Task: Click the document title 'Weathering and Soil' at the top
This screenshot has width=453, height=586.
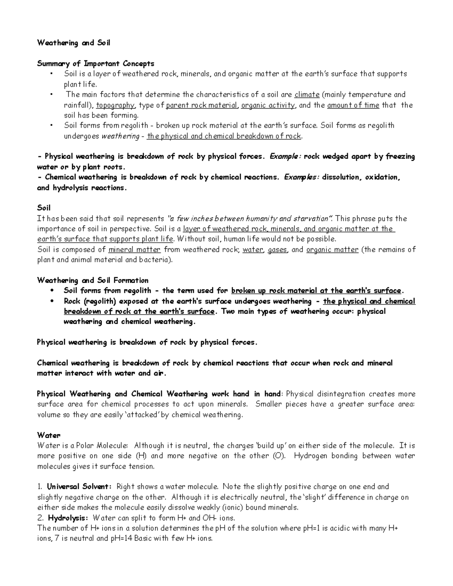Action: pyautogui.click(x=74, y=43)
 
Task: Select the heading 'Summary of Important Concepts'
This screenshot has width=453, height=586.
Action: pyautogui.click(x=96, y=63)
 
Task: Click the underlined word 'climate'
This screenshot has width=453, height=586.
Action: pyautogui.click(x=307, y=94)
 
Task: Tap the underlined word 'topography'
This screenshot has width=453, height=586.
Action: pyautogui.click(x=115, y=105)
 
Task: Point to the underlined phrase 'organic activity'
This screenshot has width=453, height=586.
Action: pyautogui.click(x=268, y=105)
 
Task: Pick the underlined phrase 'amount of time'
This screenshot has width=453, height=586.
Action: pyautogui.click(x=353, y=105)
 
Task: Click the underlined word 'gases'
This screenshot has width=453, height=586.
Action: pyautogui.click(x=277, y=249)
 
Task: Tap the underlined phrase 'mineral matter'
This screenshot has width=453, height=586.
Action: pyautogui.click(x=134, y=249)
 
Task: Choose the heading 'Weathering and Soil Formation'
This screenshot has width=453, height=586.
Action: pyautogui.click(x=92, y=280)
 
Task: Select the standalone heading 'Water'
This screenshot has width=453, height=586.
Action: pyautogui.click(x=49, y=435)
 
